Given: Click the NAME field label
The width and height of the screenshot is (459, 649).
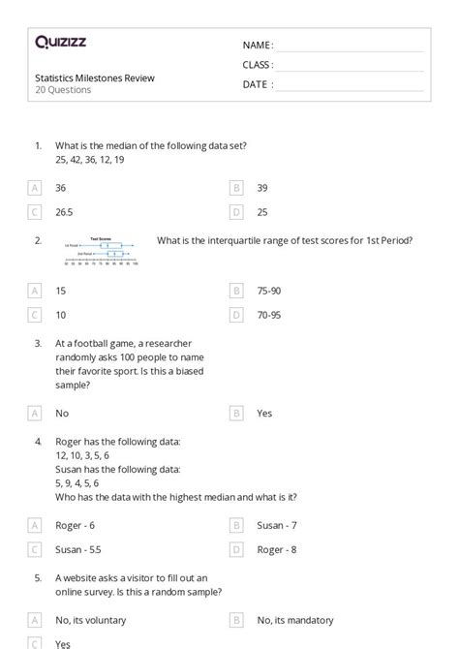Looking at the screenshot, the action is (x=258, y=46).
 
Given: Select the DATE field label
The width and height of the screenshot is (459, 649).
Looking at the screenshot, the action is (x=258, y=84).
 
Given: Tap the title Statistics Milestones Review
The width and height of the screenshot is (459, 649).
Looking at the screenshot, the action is (x=94, y=77).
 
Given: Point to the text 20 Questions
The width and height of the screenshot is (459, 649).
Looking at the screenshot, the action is (x=63, y=90).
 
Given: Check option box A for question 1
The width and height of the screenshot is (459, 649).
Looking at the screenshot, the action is (x=36, y=188).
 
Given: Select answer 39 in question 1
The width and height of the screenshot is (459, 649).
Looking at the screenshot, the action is (x=262, y=188).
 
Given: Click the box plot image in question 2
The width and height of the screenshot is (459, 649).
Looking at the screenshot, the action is (x=102, y=251).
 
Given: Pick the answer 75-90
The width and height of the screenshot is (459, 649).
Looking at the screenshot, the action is (x=270, y=290).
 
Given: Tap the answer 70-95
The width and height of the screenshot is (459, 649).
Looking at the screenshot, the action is (x=270, y=315).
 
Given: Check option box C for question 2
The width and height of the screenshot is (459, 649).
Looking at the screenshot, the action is (x=36, y=315).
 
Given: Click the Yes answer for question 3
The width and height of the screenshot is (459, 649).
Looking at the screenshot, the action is (x=264, y=413).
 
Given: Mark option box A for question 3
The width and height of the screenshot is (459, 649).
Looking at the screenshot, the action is (x=36, y=413).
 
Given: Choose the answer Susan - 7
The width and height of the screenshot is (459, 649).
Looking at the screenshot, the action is (x=276, y=525).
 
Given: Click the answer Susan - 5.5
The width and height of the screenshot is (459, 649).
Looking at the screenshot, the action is (x=77, y=549).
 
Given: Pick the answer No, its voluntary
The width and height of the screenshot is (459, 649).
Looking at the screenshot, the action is (x=90, y=620).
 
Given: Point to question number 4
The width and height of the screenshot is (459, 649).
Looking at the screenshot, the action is (x=38, y=441).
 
